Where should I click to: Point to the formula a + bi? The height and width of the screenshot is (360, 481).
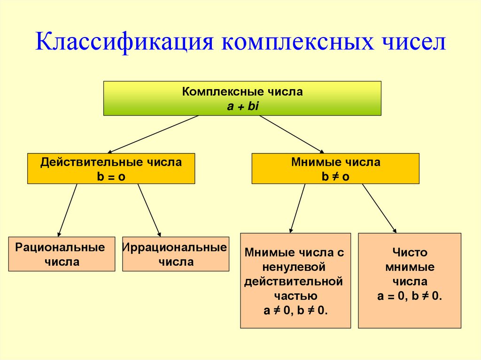243,107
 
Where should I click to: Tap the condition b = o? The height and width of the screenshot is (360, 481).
111,176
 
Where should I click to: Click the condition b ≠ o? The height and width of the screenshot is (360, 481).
335,176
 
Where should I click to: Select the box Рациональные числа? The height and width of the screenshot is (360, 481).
62,254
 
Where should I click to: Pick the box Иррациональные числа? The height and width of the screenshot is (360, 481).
176,254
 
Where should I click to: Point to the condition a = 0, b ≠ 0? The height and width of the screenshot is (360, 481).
409,296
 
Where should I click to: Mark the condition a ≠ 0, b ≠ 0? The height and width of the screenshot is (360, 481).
295,311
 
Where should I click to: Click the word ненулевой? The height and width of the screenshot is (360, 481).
295,267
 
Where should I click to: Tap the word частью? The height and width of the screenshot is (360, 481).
295,296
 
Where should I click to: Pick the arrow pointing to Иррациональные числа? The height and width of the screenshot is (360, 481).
149,210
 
